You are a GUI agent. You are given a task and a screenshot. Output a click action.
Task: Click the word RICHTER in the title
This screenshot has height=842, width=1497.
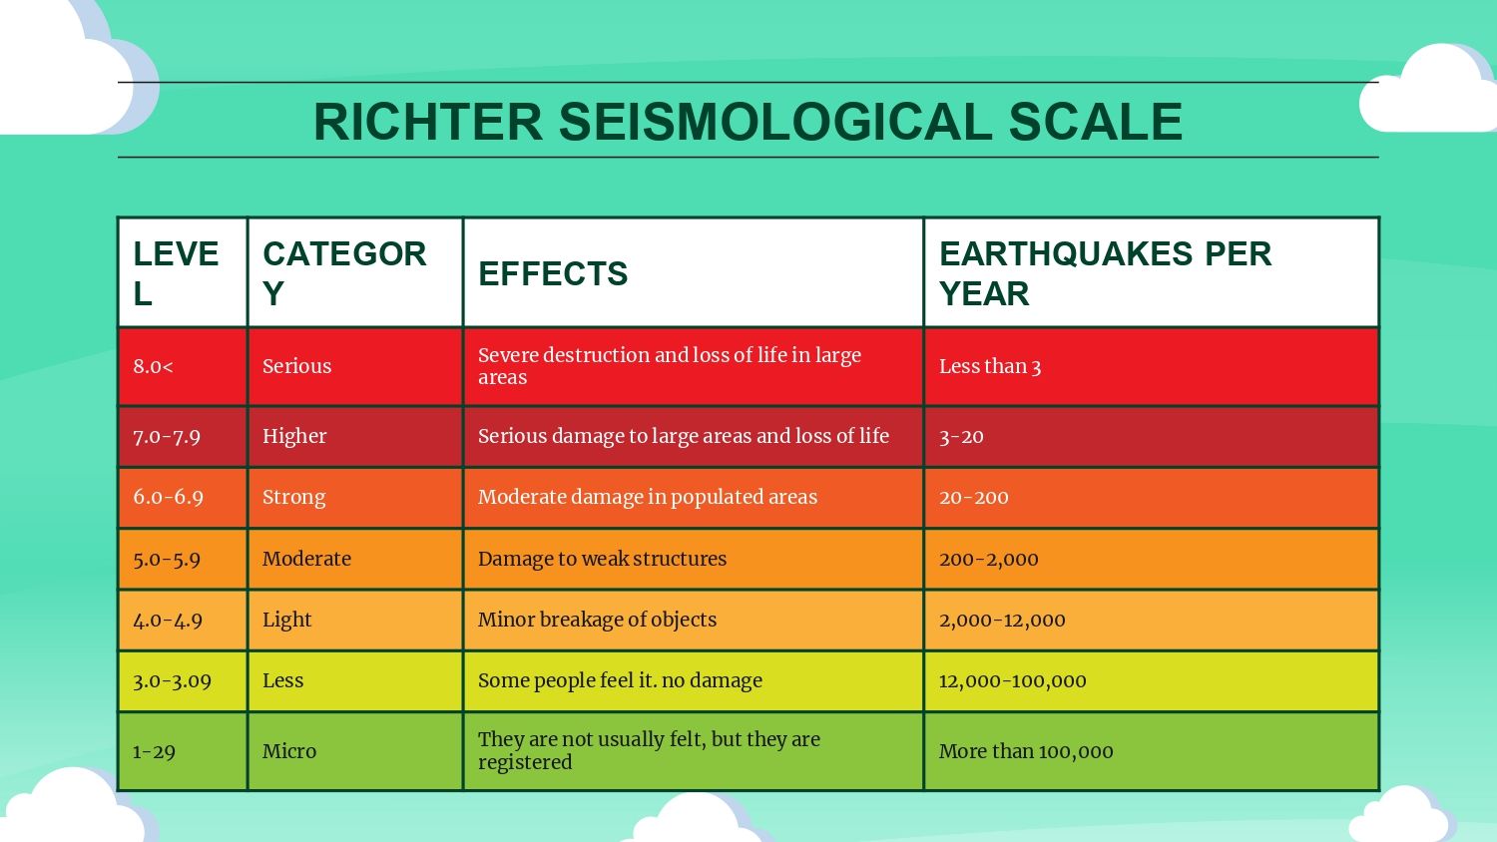pyautogui.click(x=428, y=122)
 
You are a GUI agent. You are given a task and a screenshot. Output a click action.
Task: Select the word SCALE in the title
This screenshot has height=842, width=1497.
pyautogui.click(x=1096, y=122)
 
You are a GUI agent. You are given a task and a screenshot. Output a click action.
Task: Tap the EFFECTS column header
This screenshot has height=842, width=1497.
pyautogui.click(x=553, y=274)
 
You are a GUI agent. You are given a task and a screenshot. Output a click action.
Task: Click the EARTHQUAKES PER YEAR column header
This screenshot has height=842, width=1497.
pyautogui.click(x=1106, y=274)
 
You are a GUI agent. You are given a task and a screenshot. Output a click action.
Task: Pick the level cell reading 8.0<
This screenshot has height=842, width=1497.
pyautogui.click(x=153, y=366)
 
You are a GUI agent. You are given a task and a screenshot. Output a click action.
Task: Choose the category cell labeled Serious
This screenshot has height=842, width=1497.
pyautogui.click(x=296, y=366)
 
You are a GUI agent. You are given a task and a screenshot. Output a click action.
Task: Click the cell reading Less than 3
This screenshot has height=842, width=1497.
pyautogui.click(x=990, y=366)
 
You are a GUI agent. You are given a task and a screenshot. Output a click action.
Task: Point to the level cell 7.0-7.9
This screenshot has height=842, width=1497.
pyautogui.click(x=167, y=436)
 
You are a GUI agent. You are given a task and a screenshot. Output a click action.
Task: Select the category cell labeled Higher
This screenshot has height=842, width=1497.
pyautogui.click(x=294, y=436)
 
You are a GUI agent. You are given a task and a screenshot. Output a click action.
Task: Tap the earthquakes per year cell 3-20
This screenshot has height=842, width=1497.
pyautogui.click(x=961, y=436)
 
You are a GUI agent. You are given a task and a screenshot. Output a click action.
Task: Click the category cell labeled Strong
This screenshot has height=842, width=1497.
pyautogui.click(x=293, y=497)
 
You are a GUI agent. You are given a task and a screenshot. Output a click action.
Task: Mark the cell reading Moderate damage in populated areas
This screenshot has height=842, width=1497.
pyautogui.click(x=648, y=497)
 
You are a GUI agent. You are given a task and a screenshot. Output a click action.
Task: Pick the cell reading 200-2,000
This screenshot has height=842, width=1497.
pyautogui.click(x=988, y=560)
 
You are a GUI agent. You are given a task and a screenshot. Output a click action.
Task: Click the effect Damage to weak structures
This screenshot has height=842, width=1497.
pyautogui.click(x=602, y=559)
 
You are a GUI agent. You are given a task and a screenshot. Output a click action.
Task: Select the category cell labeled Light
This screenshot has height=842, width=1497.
pyautogui.click(x=286, y=620)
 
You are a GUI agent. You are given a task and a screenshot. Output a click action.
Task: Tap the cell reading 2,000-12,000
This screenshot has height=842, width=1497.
pyautogui.click(x=1002, y=621)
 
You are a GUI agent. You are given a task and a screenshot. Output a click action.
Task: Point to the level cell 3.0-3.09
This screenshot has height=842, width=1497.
pyautogui.click(x=172, y=681)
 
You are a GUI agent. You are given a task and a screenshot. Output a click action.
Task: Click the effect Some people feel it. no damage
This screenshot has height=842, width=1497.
pyautogui.click(x=620, y=680)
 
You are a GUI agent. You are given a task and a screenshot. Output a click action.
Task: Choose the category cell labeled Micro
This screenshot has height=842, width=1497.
pyautogui.click(x=288, y=751)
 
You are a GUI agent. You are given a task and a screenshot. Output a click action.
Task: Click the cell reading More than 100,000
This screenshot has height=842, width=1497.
pyautogui.click(x=1026, y=752)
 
